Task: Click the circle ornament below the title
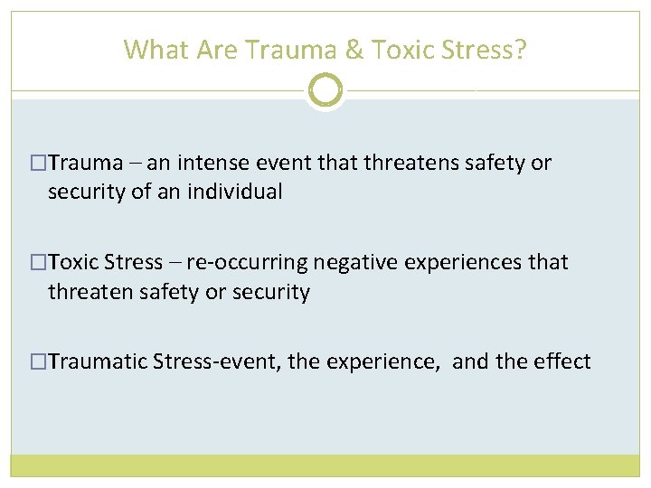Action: point(325,90)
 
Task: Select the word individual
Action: point(240,192)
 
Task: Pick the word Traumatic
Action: point(99,361)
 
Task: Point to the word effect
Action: point(562,361)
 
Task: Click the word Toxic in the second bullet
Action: point(74,262)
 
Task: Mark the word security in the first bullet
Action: point(84,192)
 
